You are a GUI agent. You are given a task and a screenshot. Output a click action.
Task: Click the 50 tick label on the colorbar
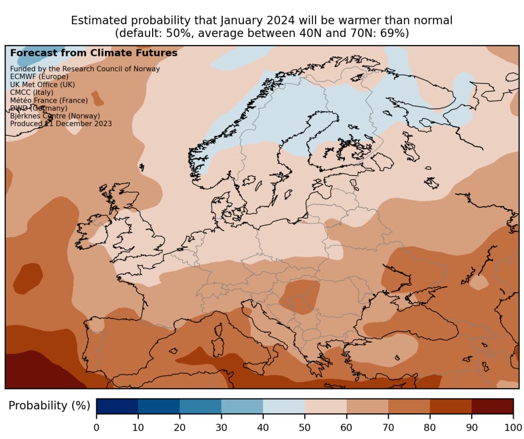click(x=305, y=428)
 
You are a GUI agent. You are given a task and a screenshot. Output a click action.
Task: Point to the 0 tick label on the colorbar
click(x=96, y=428)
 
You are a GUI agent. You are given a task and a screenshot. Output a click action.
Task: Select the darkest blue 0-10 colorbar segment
click(x=117, y=406)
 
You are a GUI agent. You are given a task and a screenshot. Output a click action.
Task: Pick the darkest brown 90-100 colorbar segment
click(x=492, y=406)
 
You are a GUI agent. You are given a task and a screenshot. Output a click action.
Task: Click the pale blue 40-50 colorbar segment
click(x=284, y=406)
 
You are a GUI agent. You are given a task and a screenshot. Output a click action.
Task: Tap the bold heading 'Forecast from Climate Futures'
click(x=94, y=53)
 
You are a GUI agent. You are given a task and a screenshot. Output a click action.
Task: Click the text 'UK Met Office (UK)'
click(x=43, y=84)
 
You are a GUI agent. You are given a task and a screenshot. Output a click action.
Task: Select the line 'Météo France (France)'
click(x=49, y=101)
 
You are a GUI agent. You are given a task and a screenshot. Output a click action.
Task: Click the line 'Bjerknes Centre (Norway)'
click(x=55, y=116)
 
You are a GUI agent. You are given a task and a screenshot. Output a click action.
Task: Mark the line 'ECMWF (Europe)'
click(x=39, y=76)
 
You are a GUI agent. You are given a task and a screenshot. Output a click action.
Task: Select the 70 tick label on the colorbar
click(x=388, y=428)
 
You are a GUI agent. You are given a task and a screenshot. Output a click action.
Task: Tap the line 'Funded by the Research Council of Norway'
click(x=85, y=69)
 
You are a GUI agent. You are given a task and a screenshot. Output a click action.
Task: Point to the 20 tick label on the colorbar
click(x=179, y=428)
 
